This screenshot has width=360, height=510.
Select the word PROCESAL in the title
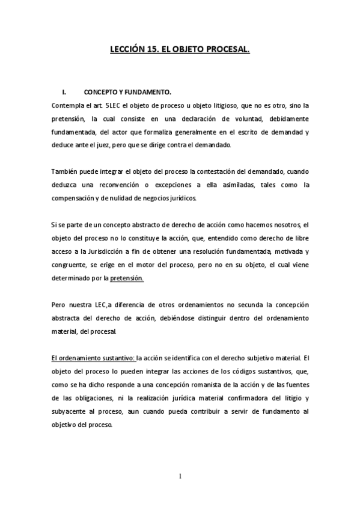tap(226, 52)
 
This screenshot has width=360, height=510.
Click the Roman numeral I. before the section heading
tap(65, 92)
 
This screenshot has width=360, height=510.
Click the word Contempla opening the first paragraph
tap(69, 105)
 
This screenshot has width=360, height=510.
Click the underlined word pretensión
tap(127, 278)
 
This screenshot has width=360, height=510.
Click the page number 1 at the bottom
tap(180, 477)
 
